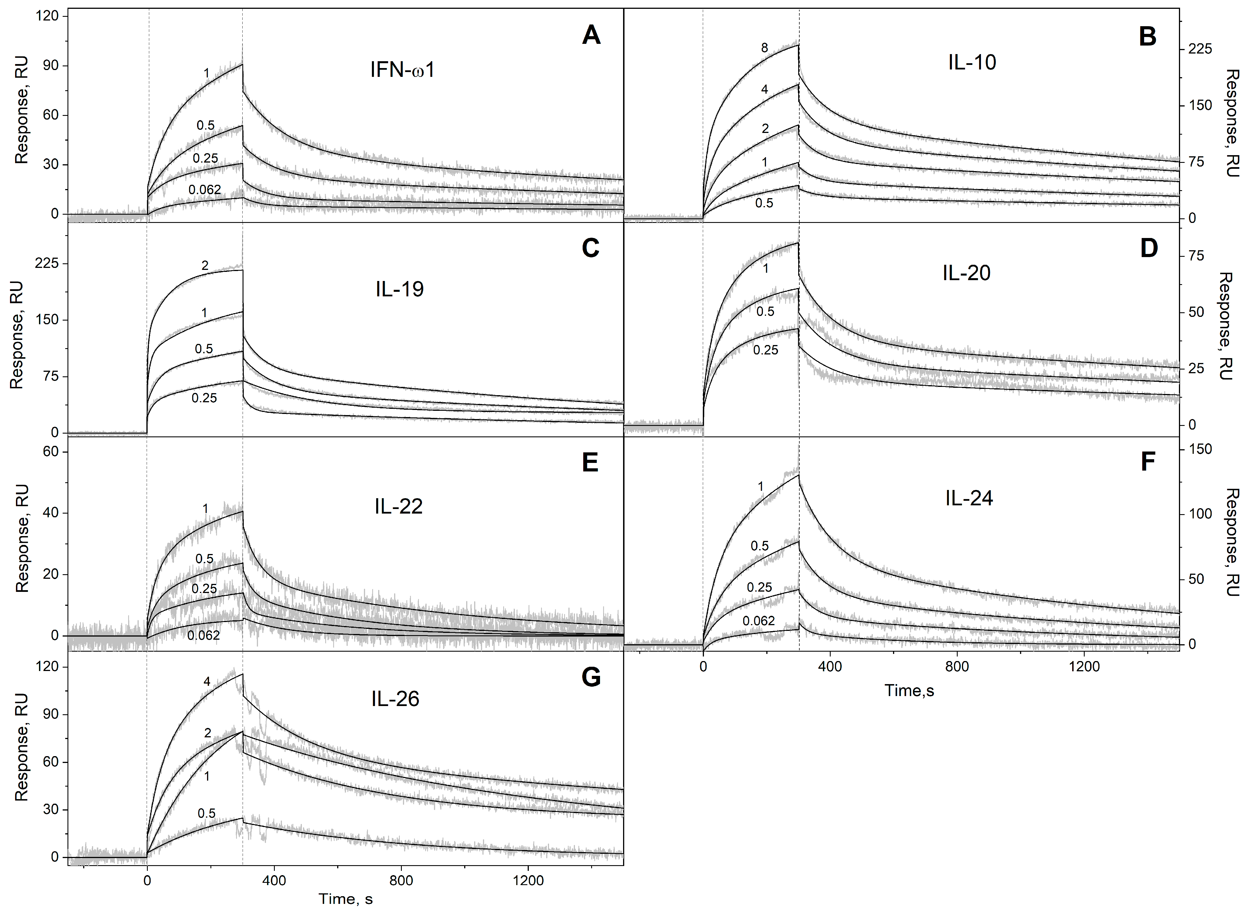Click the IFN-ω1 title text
[402, 71]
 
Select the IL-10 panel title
[972, 62]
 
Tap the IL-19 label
[399, 289]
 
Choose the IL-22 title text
[398, 506]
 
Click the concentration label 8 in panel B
[764, 48]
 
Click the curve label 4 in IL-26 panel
[207, 682]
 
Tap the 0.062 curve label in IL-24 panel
[758, 621]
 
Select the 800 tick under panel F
[957, 667]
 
